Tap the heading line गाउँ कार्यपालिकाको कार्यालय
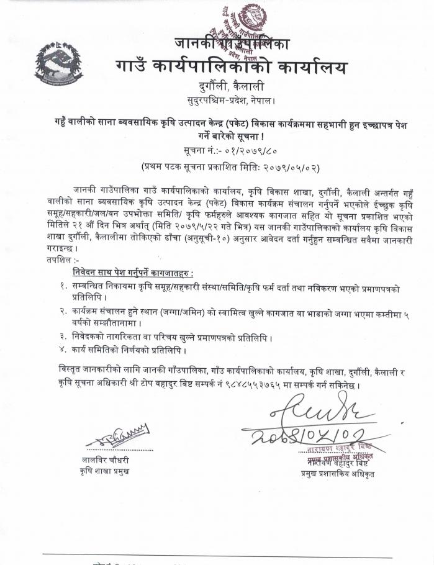[x=232, y=66]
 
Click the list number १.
[x=63, y=286]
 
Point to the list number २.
[x=63, y=310]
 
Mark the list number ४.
[x=63, y=350]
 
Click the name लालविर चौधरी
[x=109, y=459]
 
